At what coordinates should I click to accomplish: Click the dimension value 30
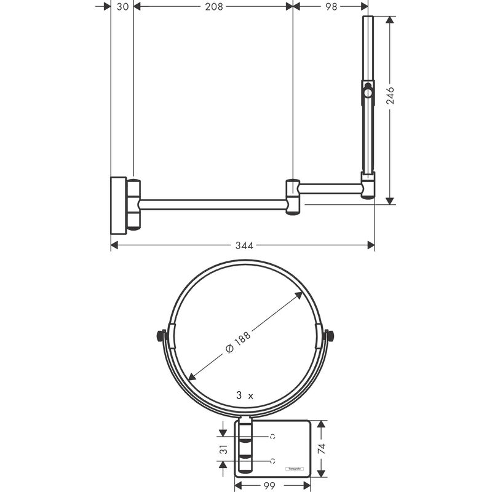click(122, 6)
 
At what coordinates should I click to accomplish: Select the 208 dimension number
click(213, 6)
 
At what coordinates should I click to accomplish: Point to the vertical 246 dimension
click(390, 97)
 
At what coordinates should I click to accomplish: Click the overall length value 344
click(244, 245)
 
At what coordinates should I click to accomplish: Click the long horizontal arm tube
click(213, 204)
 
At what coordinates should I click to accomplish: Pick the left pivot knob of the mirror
click(162, 336)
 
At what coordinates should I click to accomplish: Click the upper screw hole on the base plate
click(272, 437)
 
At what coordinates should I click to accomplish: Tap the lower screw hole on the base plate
click(272, 461)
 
